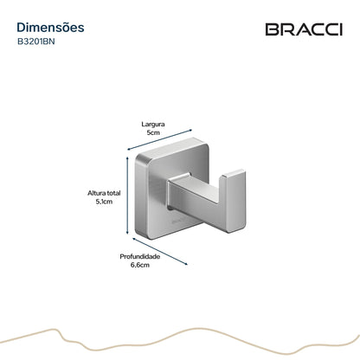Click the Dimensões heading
tap(50, 28)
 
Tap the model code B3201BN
tap(36, 42)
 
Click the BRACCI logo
tap(304, 29)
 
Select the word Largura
tap(153, 125)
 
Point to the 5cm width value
tap(153, 132)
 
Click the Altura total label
tap(104, 193)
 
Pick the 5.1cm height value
tap(104, 202)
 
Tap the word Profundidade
tap(140, 256)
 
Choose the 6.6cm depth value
tap(140, 265)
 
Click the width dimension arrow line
tap(159, 140)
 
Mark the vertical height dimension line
tap(127, 196)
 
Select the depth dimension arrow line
tap(160, 251)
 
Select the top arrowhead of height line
tap(127, 158)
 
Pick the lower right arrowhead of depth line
tap(186, 264)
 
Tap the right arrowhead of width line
tap(190, 130)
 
